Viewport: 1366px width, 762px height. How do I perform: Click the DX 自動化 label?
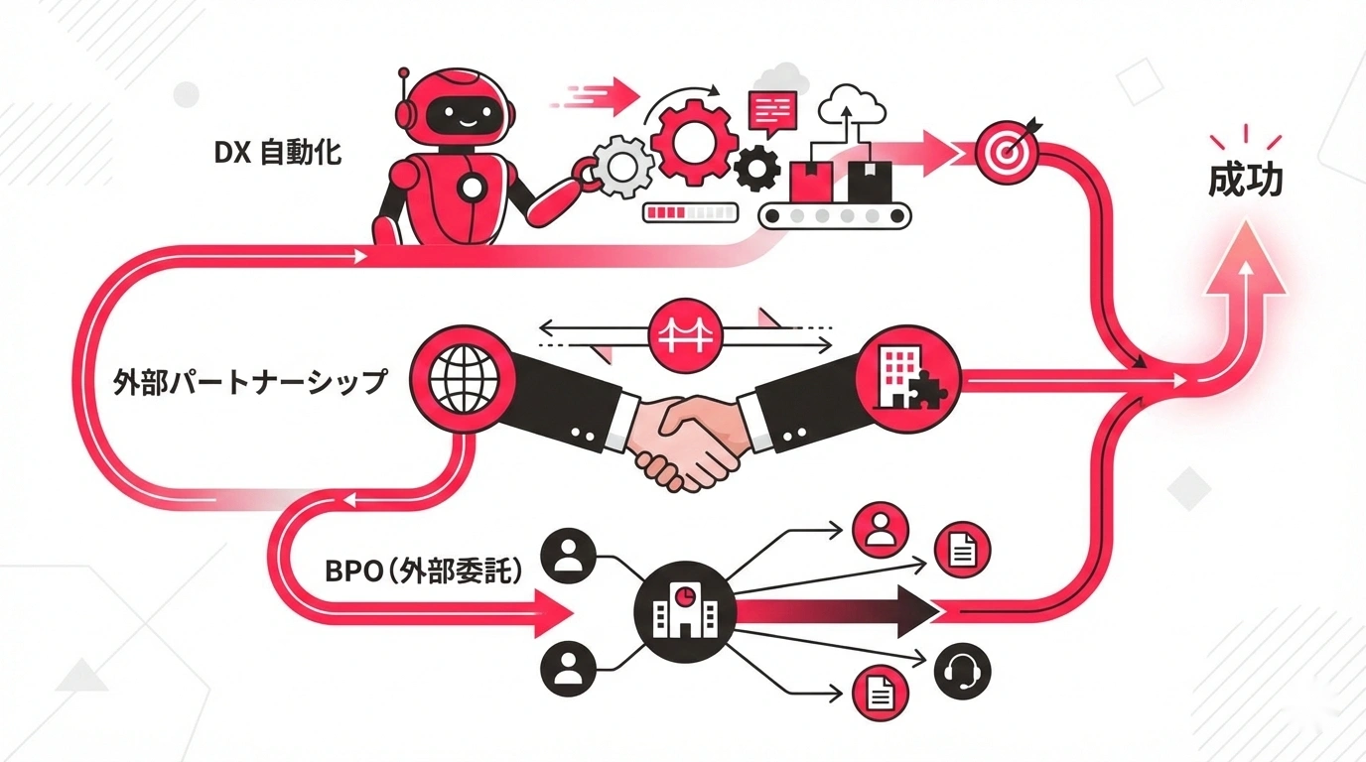[x=278, y=153]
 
